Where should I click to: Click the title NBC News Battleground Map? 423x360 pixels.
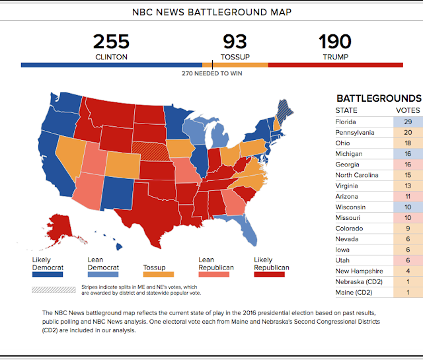(211, 12)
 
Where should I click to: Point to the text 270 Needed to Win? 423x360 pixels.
(211, 73)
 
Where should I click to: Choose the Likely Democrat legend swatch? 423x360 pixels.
(48, 273)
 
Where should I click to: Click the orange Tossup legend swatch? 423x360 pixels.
(159, 273)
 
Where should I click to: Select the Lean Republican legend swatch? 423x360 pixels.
(213, 273)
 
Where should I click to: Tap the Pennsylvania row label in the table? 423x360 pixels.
(355, 132)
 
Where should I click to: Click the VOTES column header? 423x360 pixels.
(407, 110)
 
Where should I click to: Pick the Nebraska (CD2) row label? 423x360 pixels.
(360, 281)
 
